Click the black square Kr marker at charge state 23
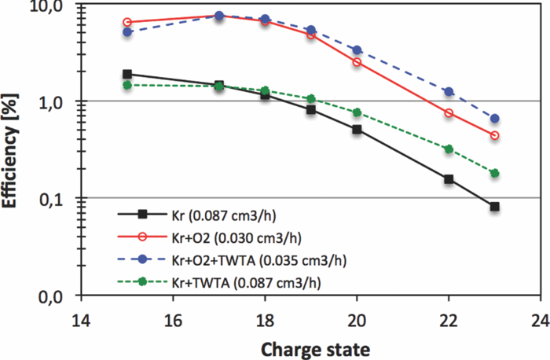pyautogui.click(x=494, y=207)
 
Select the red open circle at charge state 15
pyautogui.click(x=127, y=23)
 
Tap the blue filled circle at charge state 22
pyautogui.click(x=449, y=92)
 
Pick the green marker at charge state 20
pyautogui.click(x=357, y=112)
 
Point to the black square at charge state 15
pyautogui.click(x=127, y=74)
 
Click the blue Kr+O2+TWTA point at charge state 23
pyautogui.click(x=494, y=119)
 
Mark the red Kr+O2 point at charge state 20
pyautogui.click(x=357, y=61)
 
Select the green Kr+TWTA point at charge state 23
pyautogui.click(x=494, y=173)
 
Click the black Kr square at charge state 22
pyautogui.click(x=449, y=179)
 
